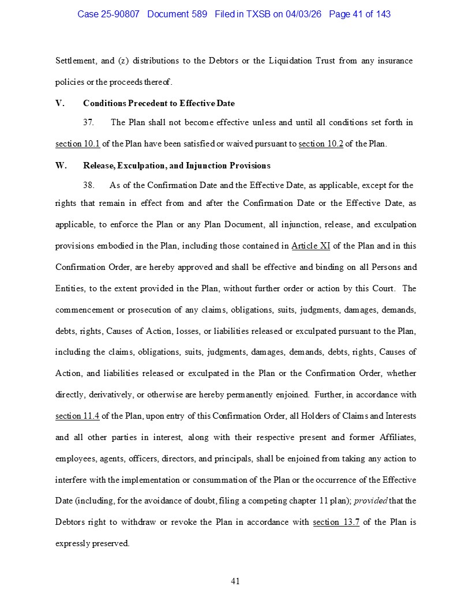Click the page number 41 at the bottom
[235, 581]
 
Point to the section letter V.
[59, 103]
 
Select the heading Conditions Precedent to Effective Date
[159, 103]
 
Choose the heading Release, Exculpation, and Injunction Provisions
[177, 166]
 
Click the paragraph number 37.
[89, 122]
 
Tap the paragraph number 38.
[89, 185]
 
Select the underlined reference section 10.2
[321, 144]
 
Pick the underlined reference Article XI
[311, 246]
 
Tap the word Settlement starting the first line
[75, 61]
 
